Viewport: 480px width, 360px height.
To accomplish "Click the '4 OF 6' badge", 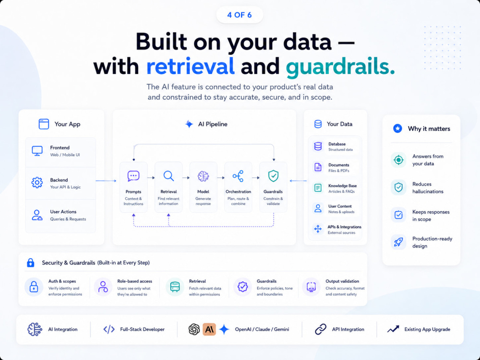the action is coord(240,15).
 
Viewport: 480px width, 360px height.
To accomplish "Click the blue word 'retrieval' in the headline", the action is coord(191,66).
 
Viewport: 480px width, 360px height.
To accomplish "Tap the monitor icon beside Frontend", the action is coord(37,151).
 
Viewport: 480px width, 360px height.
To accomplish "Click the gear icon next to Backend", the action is coord(37,182).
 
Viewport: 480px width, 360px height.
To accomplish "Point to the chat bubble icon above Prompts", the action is coord(133,176).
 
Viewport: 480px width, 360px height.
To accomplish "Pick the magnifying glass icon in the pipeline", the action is coord(168,176).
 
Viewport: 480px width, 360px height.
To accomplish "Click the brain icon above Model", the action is coord(203,176).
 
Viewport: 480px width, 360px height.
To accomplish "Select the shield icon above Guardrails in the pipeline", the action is coord(273,176).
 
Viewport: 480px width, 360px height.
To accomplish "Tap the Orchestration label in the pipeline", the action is coord(238,192).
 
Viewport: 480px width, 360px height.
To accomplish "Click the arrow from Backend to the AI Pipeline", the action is coord(106,180).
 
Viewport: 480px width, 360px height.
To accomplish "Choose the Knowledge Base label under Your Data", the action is coord(342,186).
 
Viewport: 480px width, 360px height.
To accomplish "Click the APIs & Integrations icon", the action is coord(318,229).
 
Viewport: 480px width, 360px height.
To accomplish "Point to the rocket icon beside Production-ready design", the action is coord(398,242).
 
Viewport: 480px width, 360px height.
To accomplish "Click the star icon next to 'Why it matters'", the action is coord(397,129).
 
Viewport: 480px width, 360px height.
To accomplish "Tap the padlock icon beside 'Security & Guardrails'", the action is coord(31,263).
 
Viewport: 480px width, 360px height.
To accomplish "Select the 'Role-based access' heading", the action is coord(135,281).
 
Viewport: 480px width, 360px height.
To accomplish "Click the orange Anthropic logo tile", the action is coord(209,329).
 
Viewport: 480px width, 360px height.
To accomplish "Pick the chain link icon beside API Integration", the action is coord(321,329).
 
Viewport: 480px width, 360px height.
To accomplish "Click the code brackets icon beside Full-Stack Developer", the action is coord(109,329).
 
